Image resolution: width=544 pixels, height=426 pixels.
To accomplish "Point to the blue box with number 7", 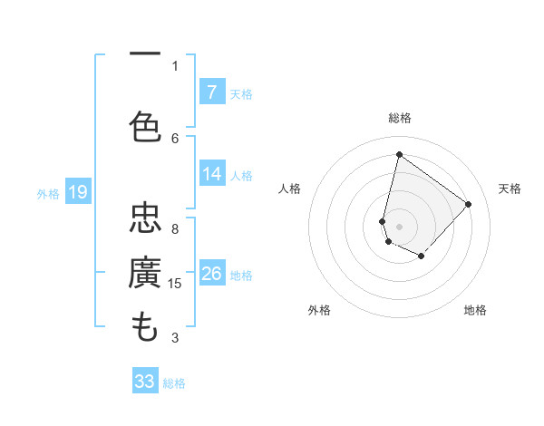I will pyautogui.click(x=211, y=92).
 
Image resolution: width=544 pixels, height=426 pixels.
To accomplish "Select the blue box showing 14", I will pyautogui.click(x=211, y=174).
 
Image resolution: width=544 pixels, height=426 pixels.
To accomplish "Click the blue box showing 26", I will pyautogui.click(x=211, y=274).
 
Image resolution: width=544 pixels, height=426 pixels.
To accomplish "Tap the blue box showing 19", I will pyautogui.click(x=78, y=192).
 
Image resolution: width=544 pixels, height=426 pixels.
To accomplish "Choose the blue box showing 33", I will pyautogui.click(x=145, y=382).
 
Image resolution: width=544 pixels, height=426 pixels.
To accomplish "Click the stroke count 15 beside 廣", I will pyautogui.click(x=176, y=284).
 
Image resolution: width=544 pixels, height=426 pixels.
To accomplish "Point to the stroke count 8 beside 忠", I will pyautogui.click(x=175, y=228).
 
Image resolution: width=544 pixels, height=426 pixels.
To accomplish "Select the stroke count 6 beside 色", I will pyautogui.click(x=175, y=138).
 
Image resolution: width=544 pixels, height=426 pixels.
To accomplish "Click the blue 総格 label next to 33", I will pyautogui.click(x=174, y=383).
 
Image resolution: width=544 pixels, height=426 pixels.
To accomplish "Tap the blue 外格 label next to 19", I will pyautogui.click(x=48, y=193).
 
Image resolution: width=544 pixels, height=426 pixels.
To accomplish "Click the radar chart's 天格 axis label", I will pyautogui.click(x=510, y=189).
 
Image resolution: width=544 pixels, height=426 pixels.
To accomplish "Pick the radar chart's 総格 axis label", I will pyautogui.click(x=400, y=118).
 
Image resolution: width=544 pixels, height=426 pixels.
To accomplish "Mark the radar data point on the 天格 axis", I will pyautogui.click(x=468, y=204).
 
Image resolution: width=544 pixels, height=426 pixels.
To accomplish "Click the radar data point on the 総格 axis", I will pyautogui.click(x=399, y=154).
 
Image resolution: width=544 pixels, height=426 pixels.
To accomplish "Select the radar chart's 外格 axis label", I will pyautogui.click(x=319, y=310).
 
